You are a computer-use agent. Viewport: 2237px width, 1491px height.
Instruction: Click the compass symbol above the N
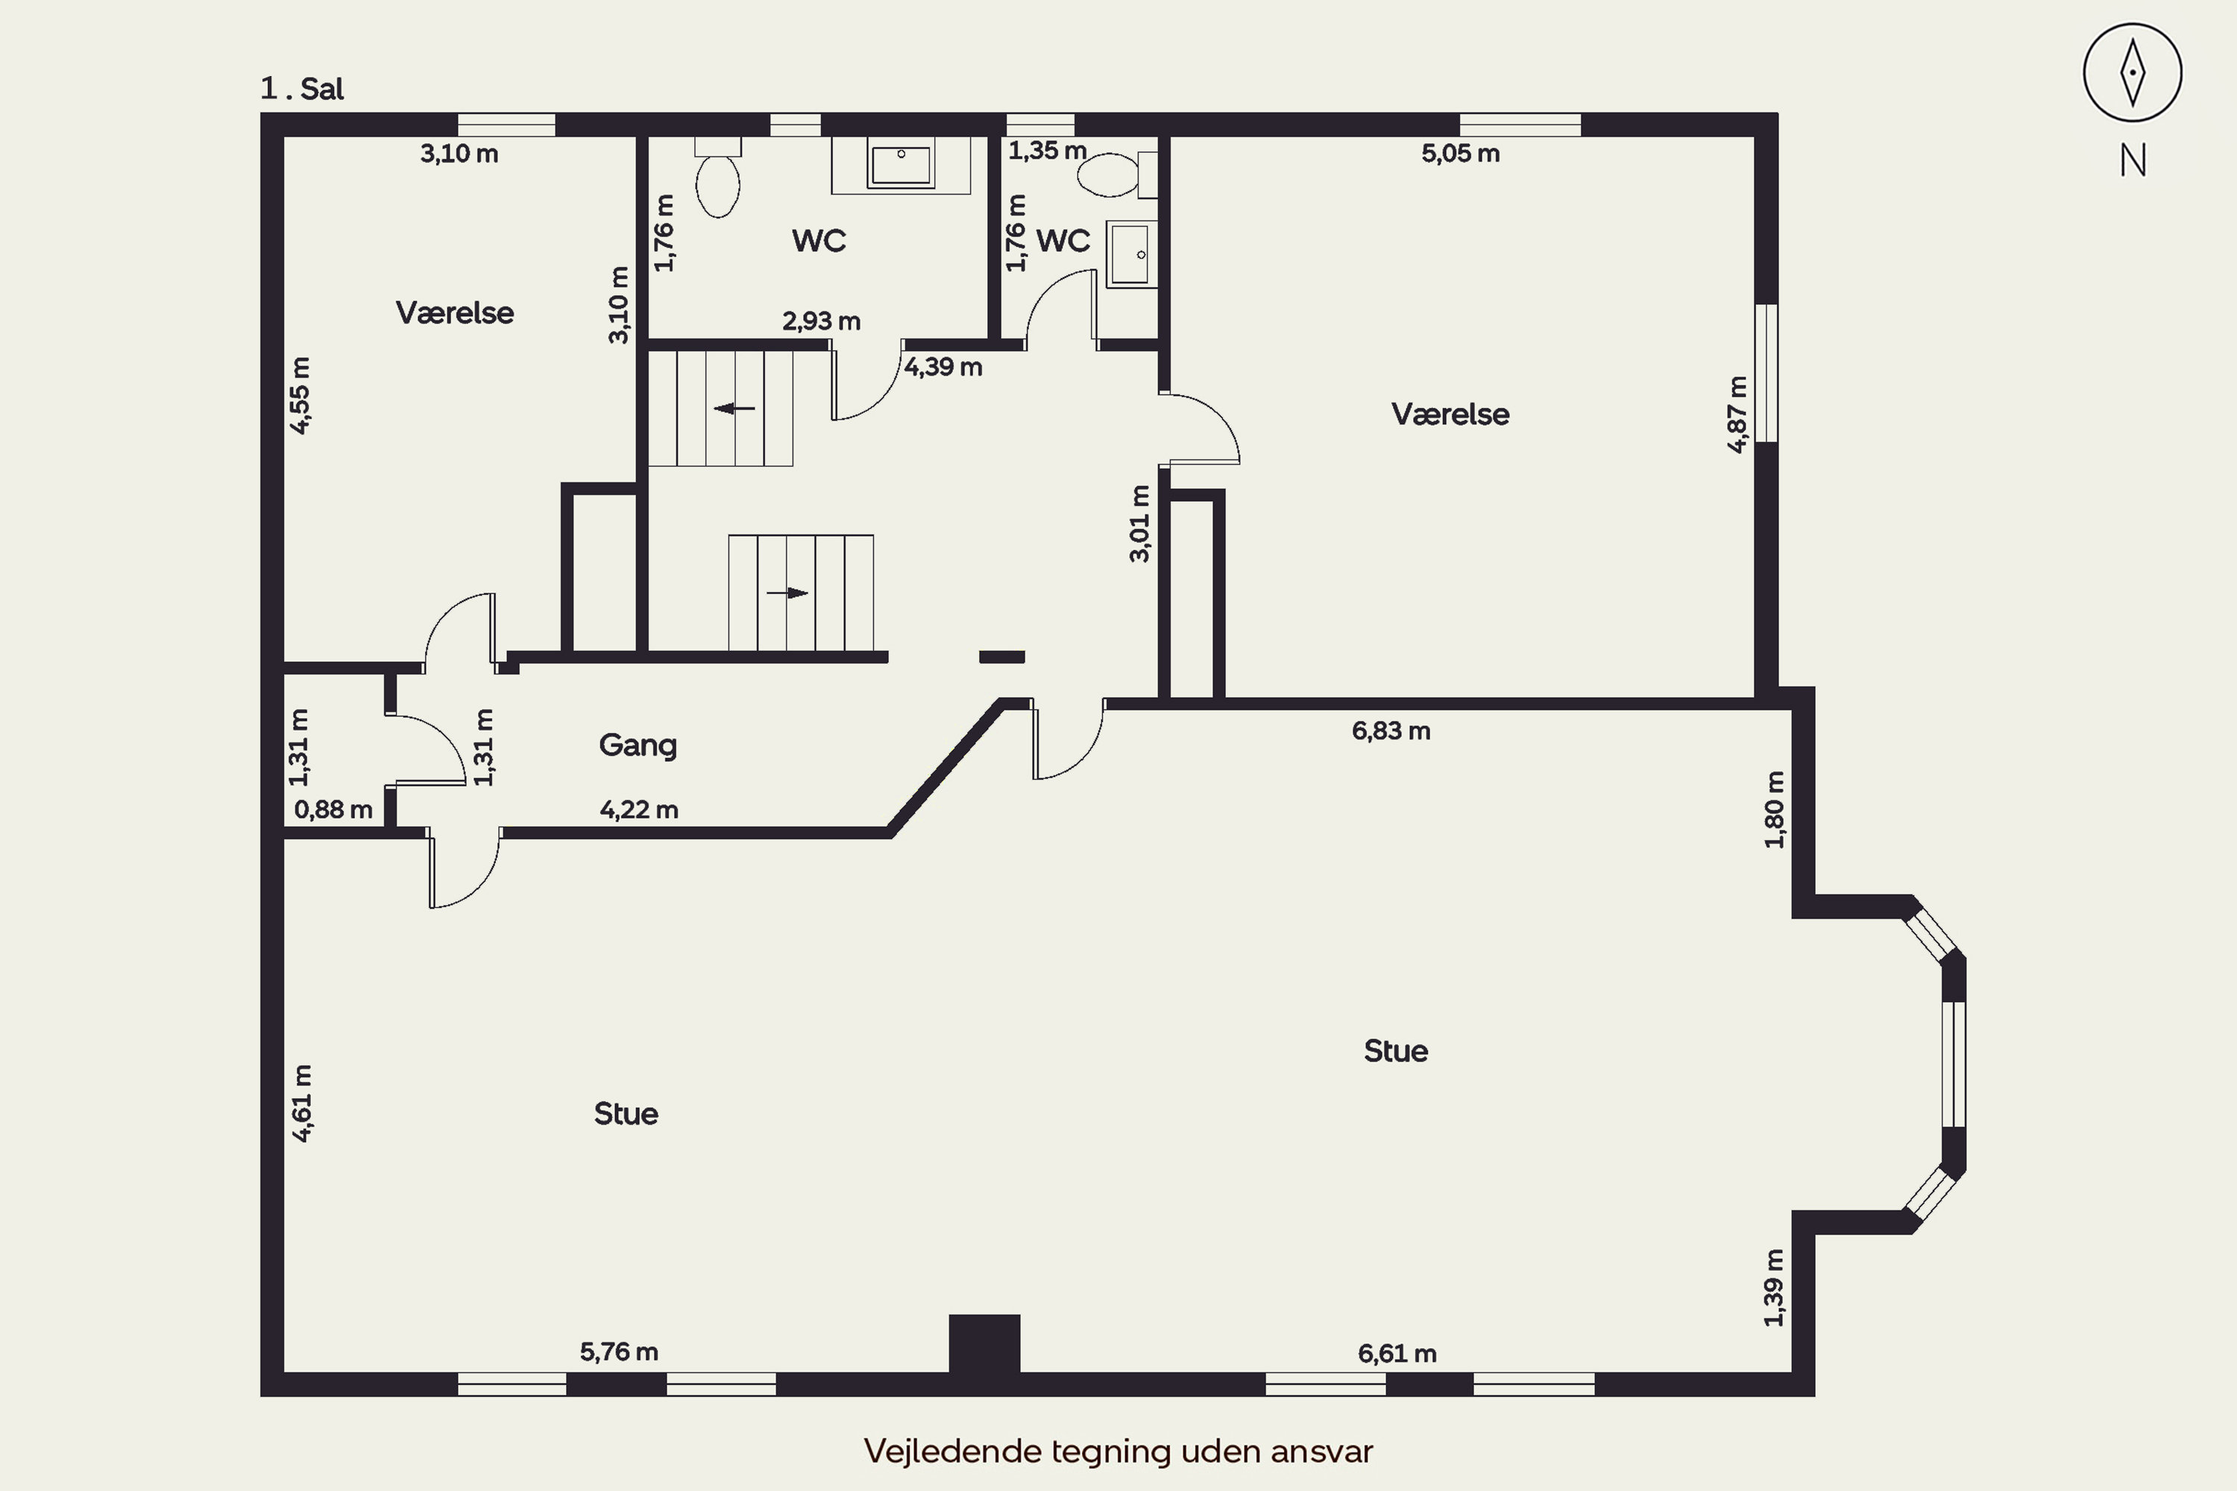2133,73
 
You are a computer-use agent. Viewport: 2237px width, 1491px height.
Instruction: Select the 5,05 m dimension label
1460,153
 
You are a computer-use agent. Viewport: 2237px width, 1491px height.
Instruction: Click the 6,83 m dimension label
1391,731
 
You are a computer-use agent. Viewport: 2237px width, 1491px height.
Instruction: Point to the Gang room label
638,745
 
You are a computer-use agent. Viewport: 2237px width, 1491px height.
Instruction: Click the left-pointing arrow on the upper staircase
734,409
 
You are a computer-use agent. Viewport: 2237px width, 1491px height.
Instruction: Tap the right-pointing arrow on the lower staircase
787,593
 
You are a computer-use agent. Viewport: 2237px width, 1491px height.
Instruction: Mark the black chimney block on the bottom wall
984,1343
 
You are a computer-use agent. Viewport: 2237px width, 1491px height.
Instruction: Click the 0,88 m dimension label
333,809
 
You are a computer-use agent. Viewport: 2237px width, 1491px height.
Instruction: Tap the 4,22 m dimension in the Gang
638,809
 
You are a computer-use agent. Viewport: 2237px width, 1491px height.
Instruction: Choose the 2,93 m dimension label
821,321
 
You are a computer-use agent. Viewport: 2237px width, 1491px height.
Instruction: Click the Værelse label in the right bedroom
1450,414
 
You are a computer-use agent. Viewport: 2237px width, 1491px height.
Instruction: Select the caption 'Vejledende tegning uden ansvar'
1118,1451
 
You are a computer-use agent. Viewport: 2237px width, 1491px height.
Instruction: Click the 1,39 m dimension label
1774,1287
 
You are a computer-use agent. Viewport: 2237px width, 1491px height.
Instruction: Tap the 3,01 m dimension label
1139,524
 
